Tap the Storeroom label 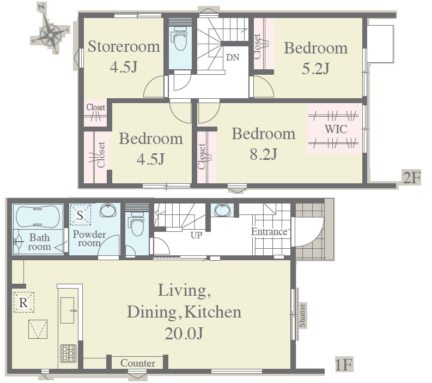click(x=124, y=46)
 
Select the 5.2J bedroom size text click(x=315, y=68)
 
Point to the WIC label click(x=336, y=129)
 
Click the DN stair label click(x=233, y=57)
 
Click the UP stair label click(x=196, y=235)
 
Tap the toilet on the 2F click(x=180, y=39)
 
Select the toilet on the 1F click(x=137, y=224)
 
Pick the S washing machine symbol click(x=80, y=215)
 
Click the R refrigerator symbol click(x=23, y=302)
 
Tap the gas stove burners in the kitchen click(x=68, y=354)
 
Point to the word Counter click(x=138, y=363)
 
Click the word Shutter click(x=302, y=315)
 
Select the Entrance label click(x=269, y=232)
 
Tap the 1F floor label click(x=344, y=364)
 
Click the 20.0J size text click(x=184, y=333)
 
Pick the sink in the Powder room click(x=108, y=211)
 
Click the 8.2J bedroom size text click(x=263, y=154)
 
